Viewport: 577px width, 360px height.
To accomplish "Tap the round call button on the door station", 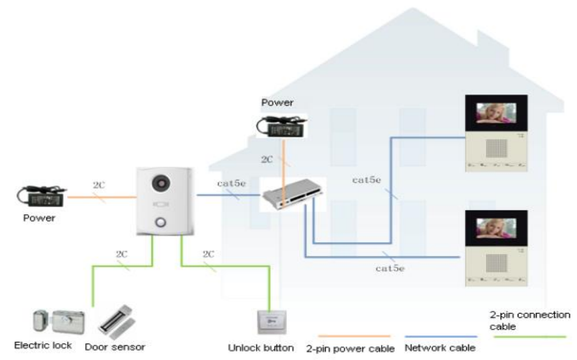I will [161, 224].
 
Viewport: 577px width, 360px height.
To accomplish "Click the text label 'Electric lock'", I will [43, 345].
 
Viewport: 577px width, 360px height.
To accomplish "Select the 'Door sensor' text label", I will [115, 346].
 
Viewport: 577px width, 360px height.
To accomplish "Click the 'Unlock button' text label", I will [260, 348].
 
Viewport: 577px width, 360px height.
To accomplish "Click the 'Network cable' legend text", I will [440, 348].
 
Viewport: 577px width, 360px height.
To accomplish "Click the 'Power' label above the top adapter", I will [277, 102].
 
